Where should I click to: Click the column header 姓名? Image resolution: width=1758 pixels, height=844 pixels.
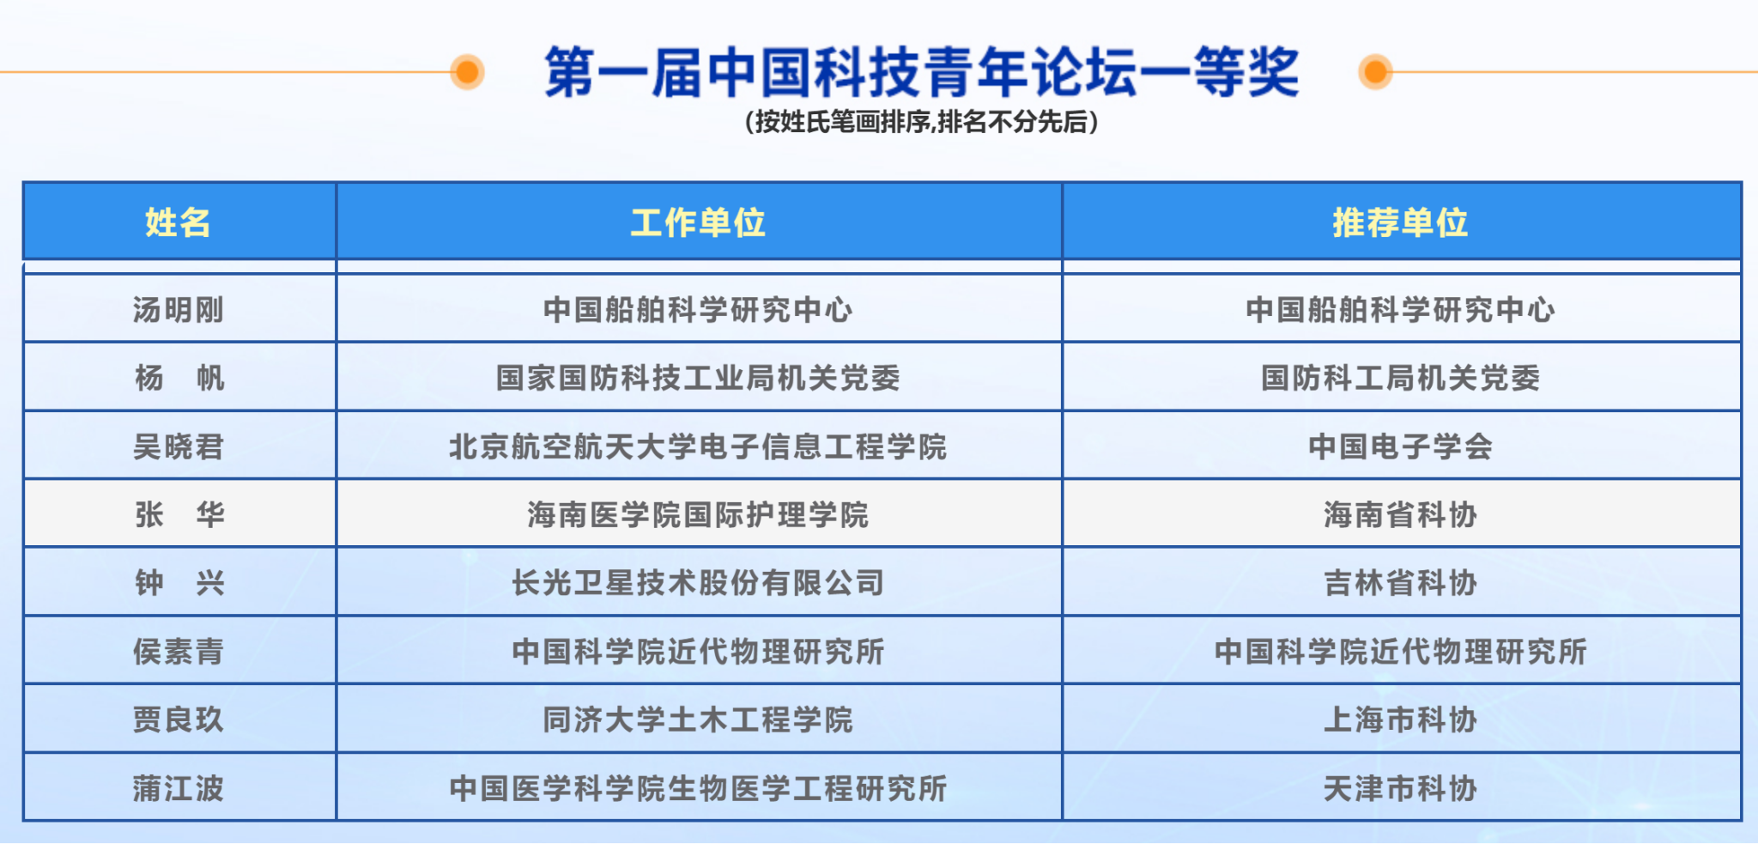tap(178, 222)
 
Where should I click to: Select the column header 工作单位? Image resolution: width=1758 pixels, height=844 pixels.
tap(698, 222)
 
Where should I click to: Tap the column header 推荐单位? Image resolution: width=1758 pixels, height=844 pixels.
tap(1400, 222)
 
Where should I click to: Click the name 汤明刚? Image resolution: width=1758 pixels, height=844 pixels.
tap(179, 309)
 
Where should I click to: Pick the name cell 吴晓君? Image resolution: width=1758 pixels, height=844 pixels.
tap(179, 446)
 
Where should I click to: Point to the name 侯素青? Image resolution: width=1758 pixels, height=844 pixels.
tap(179, 652)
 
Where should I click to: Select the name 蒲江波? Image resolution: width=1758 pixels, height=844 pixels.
tap(179, 788)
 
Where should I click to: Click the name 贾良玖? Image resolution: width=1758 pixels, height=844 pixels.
tap(179, 720)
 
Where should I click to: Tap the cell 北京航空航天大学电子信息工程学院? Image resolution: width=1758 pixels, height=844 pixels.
tap(698, 446)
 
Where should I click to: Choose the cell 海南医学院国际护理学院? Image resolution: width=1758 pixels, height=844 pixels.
tap(698, 515)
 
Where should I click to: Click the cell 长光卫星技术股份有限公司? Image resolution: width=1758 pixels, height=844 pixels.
tap(698, 583)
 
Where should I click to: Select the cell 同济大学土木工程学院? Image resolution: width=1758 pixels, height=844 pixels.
tap(698, 720)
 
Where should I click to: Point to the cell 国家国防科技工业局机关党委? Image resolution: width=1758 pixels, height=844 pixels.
tap(698, 378)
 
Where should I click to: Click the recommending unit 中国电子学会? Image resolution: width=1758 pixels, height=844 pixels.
tap(1400, 446)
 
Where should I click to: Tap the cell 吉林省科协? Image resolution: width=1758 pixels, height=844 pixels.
tap(1400, 583)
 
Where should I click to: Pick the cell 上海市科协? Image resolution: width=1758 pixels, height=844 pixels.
tap(1400, 720)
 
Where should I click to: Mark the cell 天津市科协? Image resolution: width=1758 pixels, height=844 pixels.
tap(1400, 788)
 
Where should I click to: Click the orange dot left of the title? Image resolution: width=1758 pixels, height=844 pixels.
tap(468, 72)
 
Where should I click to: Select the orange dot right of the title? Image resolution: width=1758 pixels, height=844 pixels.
tap(1375, 72)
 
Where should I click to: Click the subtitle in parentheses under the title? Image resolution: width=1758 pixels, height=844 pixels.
tap(921, 122)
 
